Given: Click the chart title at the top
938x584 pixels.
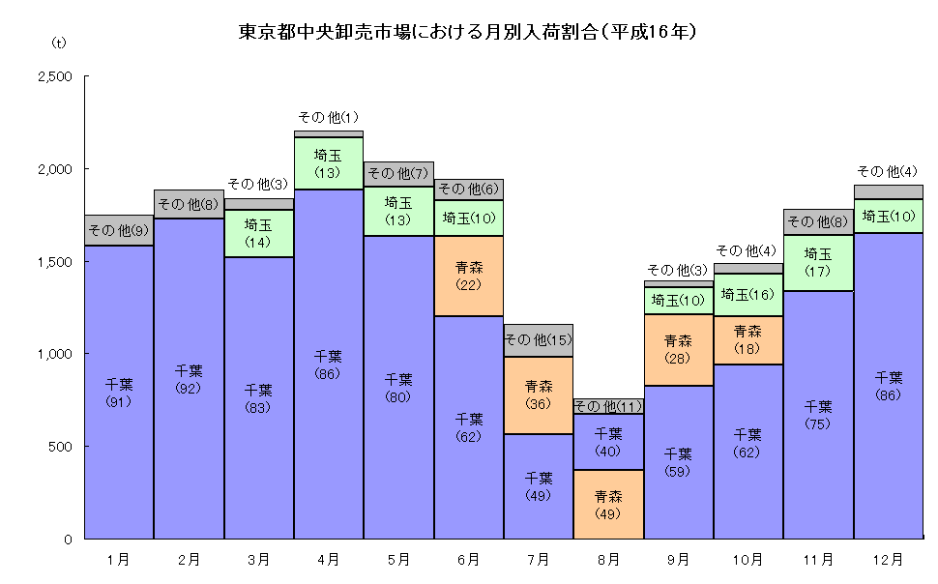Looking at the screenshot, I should tap(468, 32).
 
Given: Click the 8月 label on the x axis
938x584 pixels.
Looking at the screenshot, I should tap(608, 559).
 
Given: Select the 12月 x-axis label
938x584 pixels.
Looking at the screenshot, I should tap(889, 559).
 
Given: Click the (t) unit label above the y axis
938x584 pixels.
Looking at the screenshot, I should tap(59, 43).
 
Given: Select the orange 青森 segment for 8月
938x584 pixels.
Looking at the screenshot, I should tap(608, 504).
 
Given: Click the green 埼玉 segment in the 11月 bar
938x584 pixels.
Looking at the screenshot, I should tap(818, 262).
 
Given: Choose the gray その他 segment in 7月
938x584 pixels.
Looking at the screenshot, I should tap(539, 340).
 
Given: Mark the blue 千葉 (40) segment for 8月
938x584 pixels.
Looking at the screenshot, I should tap(608, 442).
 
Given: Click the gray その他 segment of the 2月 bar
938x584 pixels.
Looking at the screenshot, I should tap(189, 204).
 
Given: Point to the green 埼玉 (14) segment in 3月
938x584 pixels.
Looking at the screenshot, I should tap(258, 233).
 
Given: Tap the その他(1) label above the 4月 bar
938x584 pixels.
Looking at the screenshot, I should tap(329, 117).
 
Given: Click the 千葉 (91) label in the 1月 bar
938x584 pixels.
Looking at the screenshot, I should tap(119, 393).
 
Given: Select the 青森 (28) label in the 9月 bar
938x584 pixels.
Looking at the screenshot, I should tap(679, 349).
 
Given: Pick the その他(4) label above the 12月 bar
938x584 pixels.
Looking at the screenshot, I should tap(888, 171).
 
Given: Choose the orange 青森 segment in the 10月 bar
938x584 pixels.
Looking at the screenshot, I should tap(748, 339).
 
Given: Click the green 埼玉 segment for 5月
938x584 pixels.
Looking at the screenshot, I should tap(398, 211).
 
